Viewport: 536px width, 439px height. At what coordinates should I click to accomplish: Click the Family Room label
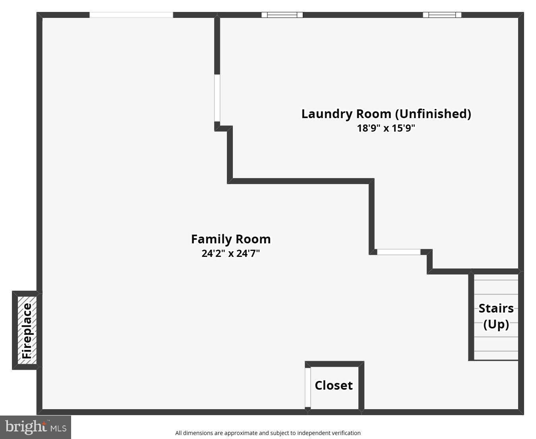(230, 239)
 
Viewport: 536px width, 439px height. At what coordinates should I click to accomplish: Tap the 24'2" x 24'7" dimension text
(230, 253)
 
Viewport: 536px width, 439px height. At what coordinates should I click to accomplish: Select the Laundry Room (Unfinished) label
(386, 114)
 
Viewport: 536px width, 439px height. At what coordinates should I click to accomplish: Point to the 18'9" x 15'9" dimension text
(386, 128)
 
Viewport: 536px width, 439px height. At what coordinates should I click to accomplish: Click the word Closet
(333, 385)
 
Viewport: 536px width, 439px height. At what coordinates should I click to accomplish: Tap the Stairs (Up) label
(496, 316)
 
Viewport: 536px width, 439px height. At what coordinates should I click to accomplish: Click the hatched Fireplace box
(27, 330)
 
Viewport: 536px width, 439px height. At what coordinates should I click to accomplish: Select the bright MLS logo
(35, 427)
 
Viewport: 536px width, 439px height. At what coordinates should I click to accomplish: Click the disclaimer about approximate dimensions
(268, 433)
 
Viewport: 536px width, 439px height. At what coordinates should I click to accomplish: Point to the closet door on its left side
(308, 387)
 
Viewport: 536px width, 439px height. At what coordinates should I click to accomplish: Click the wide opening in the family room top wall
(131, 15)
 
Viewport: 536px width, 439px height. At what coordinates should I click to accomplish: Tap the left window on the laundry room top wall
(282, 15)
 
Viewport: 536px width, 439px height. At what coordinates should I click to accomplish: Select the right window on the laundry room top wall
(442, 15)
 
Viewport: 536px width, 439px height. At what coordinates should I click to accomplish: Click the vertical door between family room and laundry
(217, 98)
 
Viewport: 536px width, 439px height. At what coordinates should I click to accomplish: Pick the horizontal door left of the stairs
(399, 252)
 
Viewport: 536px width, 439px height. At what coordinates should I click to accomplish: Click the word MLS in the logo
(58, 428)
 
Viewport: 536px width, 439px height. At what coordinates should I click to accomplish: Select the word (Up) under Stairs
(496, 324)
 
